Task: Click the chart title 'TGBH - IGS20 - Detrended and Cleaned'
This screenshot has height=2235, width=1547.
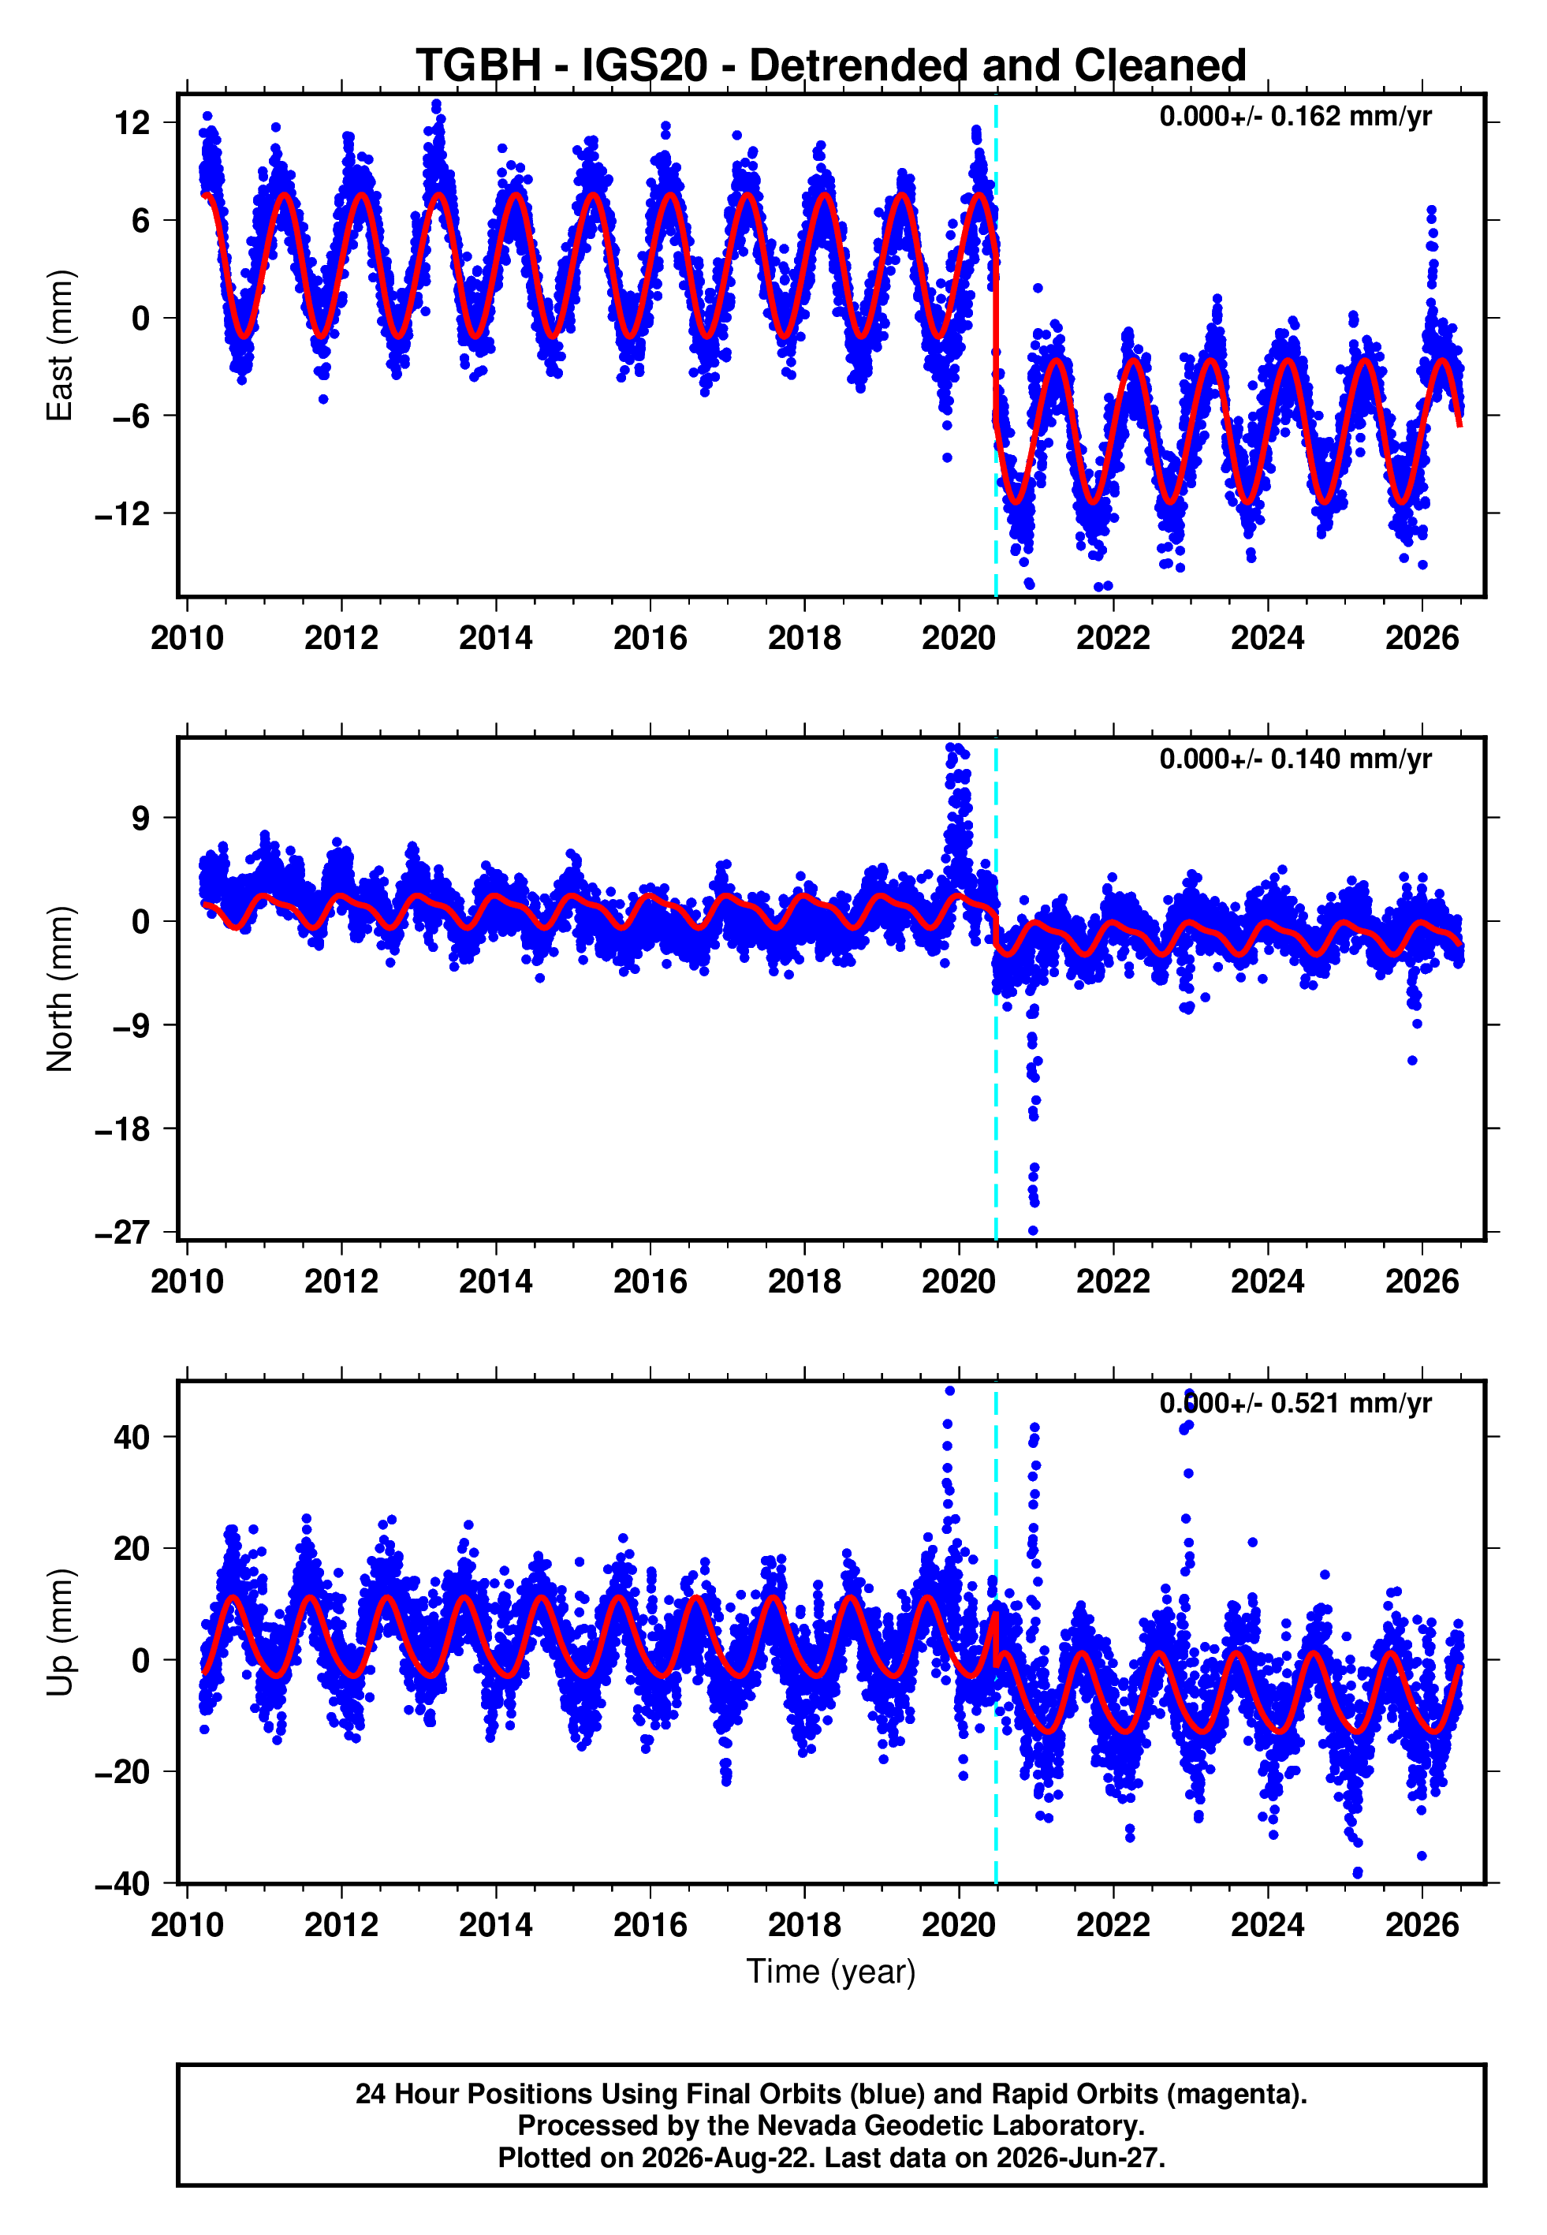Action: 831,66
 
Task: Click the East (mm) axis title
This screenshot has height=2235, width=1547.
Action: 60,345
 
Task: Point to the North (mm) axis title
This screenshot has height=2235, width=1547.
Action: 60,989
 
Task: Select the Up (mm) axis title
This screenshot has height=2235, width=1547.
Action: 60,1632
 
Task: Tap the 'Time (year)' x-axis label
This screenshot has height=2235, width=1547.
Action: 831,1972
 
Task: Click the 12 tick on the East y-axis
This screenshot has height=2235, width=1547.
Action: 132,123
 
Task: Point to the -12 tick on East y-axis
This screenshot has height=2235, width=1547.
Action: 123,513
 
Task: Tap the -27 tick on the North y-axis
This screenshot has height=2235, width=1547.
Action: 123,1233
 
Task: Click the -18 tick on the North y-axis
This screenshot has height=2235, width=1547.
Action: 123,1129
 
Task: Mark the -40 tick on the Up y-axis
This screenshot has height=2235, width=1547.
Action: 123,1883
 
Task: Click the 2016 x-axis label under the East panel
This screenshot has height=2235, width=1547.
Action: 650,638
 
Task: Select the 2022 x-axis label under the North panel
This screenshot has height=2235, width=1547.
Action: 1113,1282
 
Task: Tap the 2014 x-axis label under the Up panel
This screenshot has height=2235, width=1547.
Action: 496,1925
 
